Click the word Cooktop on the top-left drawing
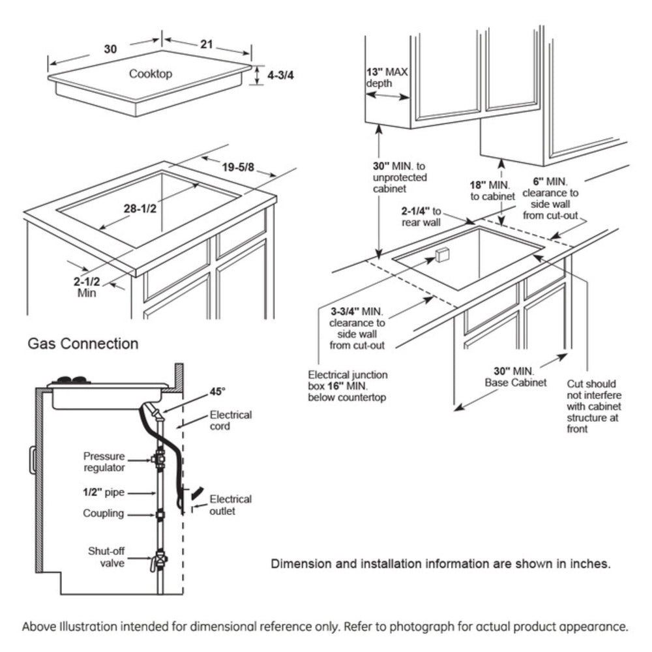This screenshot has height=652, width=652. click(150, 74)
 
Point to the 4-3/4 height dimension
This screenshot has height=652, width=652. click(281, 75)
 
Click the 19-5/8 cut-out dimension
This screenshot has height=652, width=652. click(237, 168)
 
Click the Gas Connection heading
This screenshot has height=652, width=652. click(83, 343)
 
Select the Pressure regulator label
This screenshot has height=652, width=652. click(104, 461)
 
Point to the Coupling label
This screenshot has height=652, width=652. click(103, 513)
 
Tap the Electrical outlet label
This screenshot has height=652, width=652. click(230, 505)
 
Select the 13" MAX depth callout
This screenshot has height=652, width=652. click(387, 78)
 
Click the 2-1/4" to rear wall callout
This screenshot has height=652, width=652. click(422, 217)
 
